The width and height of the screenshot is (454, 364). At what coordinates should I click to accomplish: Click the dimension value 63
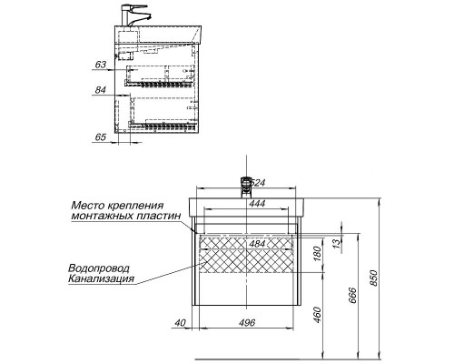click(x=100, y=65)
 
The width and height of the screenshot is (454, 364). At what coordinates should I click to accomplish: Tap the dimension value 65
click(x=100, y=136)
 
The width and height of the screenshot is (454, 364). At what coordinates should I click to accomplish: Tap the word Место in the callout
click(x=88, y=206)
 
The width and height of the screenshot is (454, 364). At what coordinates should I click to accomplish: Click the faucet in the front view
click(x=243, y=185)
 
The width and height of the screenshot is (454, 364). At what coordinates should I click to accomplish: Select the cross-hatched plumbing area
click(x=245, y=258)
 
